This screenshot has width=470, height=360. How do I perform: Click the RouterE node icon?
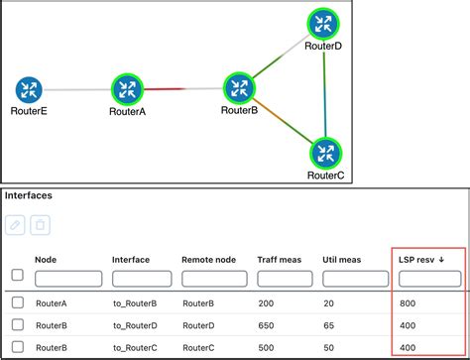click(29, 90)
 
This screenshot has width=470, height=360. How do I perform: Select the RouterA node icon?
click(127, 89)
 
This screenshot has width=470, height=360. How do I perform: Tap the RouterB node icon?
click(239, 87)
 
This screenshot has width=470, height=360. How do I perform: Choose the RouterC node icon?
click(325, 153)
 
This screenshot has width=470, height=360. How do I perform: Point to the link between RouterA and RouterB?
click(182, 89)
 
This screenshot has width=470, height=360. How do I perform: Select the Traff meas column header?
click(281, 260)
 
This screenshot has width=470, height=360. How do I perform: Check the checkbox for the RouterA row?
click(17, 302)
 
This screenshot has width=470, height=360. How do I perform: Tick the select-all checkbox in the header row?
click(17, 275)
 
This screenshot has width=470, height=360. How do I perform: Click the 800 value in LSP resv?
click(407, 302)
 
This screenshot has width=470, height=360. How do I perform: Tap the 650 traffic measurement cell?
click(266, 324)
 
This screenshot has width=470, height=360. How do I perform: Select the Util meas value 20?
click(328, 302)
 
